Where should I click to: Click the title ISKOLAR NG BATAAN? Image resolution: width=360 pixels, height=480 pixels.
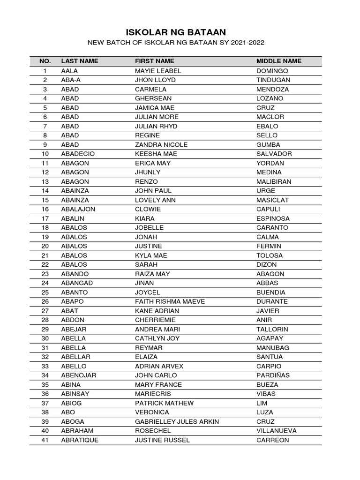176,32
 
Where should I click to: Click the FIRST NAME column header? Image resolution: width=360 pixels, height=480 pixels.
154,61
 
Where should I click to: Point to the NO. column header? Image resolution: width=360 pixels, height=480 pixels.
45,61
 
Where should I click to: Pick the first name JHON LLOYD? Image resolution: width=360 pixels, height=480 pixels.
155,80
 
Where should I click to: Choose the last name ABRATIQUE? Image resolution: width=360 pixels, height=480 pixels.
80,440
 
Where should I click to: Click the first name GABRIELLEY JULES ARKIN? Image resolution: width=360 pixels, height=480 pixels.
177,421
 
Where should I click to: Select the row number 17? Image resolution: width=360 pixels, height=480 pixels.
45,218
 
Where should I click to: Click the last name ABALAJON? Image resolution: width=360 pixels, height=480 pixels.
78,209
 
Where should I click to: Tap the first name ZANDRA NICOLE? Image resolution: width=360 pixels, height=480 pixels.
161,144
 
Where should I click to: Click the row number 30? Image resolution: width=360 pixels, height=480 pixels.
45,338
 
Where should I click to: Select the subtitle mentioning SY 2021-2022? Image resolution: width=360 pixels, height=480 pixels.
176,43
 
